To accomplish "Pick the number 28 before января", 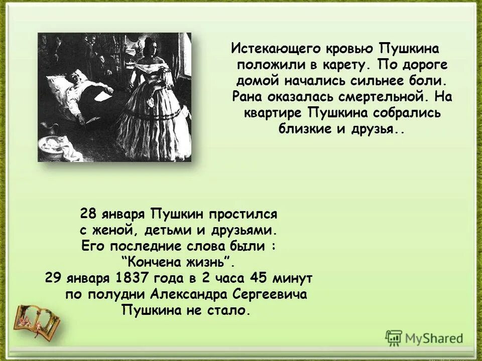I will pyautogui.click(x=88, y=215).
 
